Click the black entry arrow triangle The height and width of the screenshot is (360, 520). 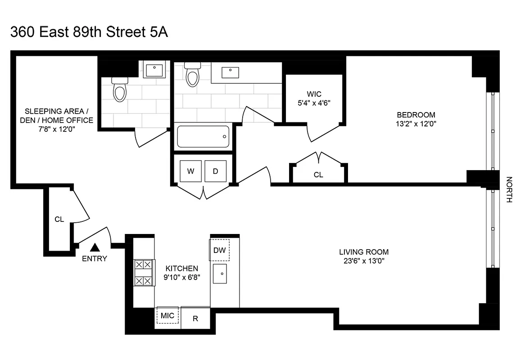point(95,247)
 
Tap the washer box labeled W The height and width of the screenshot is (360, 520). point(191,171)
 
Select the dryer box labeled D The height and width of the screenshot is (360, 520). point(215,171)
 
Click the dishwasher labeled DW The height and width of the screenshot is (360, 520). point(219,250)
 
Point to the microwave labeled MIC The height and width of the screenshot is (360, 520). point(167,316)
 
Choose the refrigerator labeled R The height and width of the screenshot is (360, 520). point(195,319)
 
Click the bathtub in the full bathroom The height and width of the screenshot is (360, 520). point(203,137)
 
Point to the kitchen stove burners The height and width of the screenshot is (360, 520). point(144,273)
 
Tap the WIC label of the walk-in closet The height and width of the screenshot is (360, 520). point(314,94)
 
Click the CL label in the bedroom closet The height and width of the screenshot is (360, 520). point(318,175)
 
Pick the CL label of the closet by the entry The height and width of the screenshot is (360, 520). point(59,220)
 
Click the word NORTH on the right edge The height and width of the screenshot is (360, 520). point(509,189)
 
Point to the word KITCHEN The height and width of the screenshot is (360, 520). point(181,269)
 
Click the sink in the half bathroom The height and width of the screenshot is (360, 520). point(155,70)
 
